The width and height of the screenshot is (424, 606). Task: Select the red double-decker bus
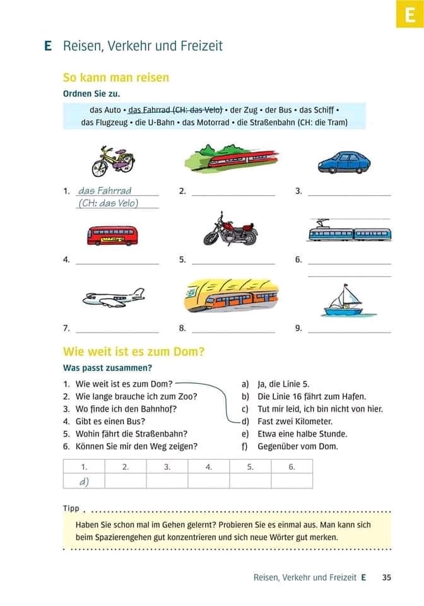click(112, 235)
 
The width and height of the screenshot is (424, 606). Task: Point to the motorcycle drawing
click(230, 230)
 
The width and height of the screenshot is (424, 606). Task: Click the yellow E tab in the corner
click(409, 14)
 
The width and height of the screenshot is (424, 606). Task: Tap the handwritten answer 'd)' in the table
click(83, 482)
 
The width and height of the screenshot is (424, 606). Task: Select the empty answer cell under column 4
click(208, 481)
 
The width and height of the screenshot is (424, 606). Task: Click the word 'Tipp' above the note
click(71, 508)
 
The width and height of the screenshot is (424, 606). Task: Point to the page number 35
click(386, 577)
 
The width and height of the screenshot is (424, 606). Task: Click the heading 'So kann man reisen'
click(116, 78)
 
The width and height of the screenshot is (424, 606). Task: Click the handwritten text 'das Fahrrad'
click(105, 190)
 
